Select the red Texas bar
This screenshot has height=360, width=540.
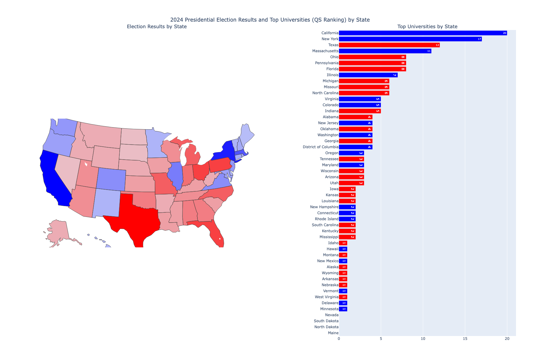pos(389,45)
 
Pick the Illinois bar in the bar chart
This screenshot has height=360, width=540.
pos(368,75)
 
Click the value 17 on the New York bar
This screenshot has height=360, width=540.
pos(479,39)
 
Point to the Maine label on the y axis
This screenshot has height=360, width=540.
pos(333,333)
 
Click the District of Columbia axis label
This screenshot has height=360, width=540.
pos(320,147)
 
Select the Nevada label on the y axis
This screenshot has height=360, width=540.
pos(331,315)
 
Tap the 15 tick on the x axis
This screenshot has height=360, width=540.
pos(465,339)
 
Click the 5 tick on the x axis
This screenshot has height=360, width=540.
pos(381,339)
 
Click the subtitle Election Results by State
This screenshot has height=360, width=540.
pos(157,27)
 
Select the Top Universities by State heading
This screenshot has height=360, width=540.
pos(427,27)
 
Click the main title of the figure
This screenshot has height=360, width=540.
pos(270,20)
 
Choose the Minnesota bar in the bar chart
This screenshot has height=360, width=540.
pos(343,309)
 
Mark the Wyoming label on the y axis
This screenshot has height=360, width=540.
pos(330,273)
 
